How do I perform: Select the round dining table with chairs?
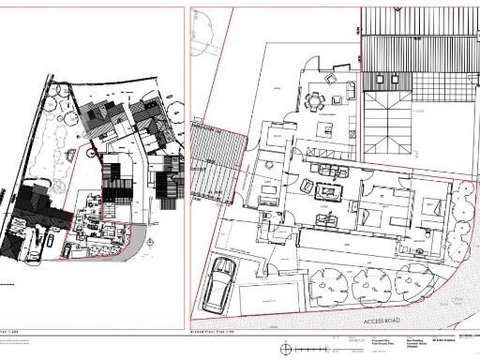pos(318,97)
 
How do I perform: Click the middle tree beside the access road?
pos(372,282)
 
